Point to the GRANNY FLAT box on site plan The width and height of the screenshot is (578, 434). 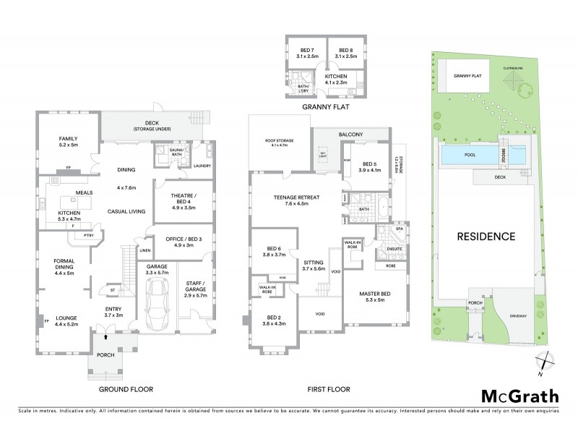coord(468,75)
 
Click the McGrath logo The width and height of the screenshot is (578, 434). coord(519,396)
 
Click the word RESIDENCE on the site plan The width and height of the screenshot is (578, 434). coord(485,236)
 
